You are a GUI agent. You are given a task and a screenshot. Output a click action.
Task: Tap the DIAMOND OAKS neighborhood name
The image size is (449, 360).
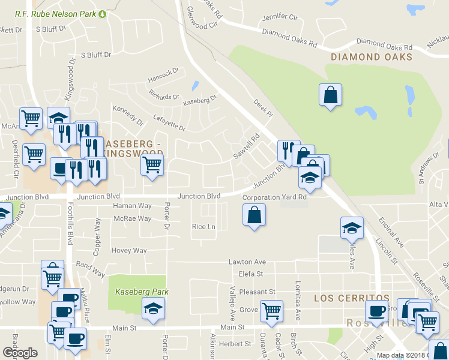[372, 57]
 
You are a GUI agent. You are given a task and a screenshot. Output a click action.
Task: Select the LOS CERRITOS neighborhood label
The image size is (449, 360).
[352, 298]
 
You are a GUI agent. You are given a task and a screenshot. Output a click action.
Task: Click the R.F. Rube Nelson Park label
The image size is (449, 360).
[56, 13]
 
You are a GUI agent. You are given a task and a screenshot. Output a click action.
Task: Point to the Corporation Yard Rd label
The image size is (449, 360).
[274, 197]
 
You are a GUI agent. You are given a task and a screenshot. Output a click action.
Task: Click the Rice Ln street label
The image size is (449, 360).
[203, 226]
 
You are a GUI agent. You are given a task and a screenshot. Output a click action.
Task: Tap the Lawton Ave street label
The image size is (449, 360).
[247, 262]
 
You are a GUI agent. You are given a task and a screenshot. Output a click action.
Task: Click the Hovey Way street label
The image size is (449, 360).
[128, 250]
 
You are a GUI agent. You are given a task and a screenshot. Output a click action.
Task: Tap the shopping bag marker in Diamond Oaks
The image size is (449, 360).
[330, 95]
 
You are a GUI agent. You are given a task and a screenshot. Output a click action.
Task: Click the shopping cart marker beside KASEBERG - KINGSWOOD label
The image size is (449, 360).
[152, 163]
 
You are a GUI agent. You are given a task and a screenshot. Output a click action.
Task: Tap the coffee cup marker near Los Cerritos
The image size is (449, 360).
[377, 311]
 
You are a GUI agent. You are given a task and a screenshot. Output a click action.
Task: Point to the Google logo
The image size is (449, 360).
[20, 353]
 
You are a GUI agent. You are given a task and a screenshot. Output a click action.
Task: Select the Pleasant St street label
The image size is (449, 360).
[257, 291]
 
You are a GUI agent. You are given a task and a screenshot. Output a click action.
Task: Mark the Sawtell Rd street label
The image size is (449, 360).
[246, 145]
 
